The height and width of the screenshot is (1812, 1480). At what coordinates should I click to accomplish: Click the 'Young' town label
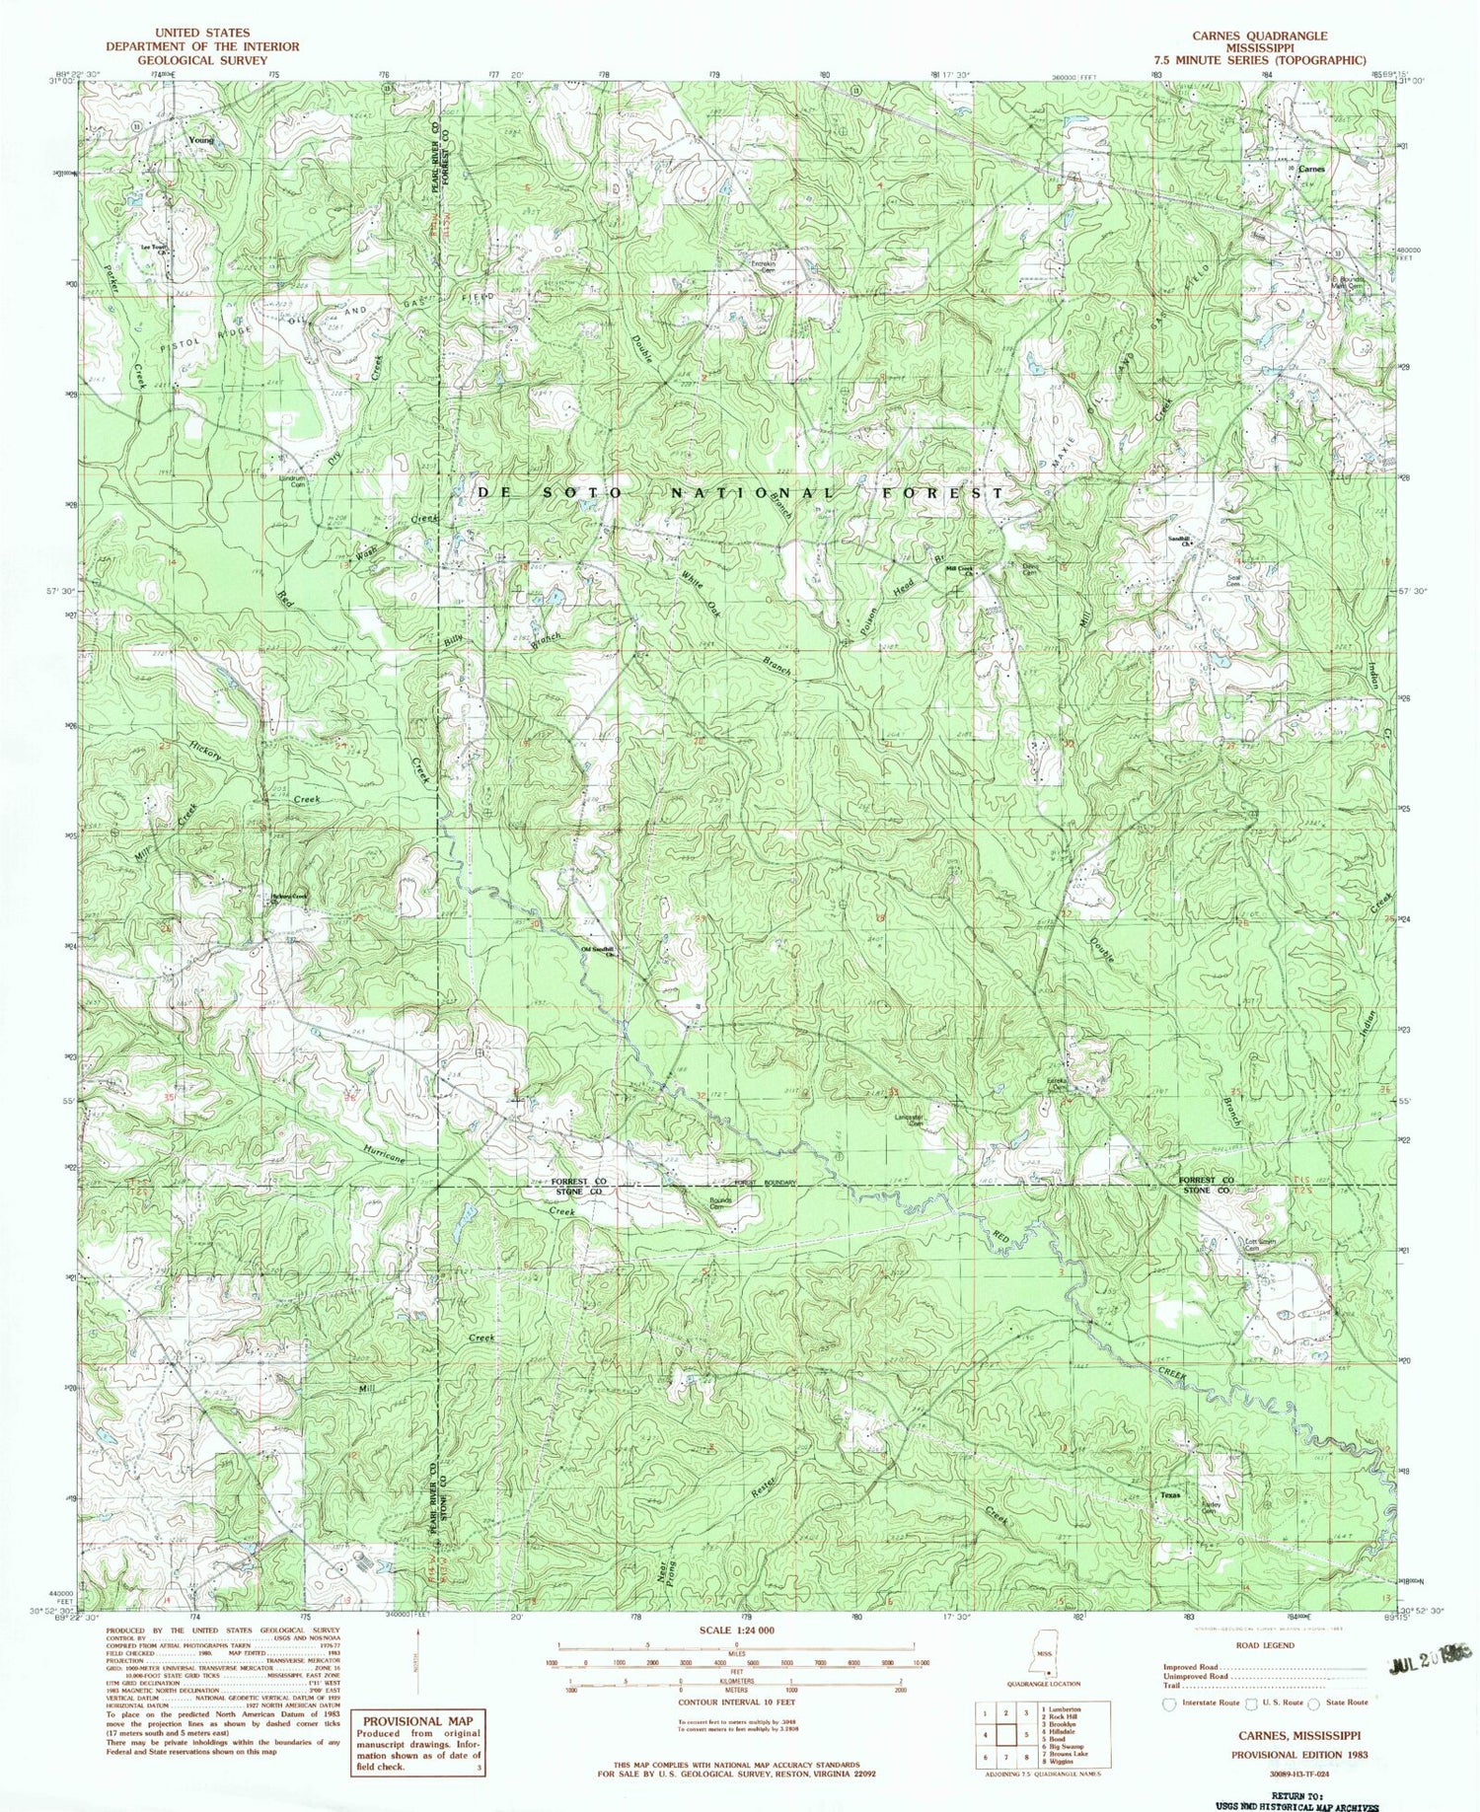(200, 140)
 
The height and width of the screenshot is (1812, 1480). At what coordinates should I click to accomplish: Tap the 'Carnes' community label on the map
(1311, 169)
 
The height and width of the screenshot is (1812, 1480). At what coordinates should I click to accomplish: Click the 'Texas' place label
(1169, 1494)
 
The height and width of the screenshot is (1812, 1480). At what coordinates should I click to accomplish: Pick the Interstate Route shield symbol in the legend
(1170, 1703)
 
